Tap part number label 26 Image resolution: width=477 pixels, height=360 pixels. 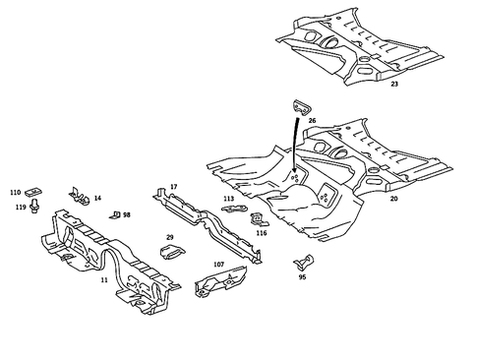pos(312,121)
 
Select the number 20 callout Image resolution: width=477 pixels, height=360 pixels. pos(393,199)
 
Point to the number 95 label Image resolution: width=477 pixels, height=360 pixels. pos(302,277)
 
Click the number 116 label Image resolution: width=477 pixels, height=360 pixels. pos(262,233)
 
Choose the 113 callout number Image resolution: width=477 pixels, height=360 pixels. pos(229,199)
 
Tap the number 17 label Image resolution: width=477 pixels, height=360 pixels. pos(174,186)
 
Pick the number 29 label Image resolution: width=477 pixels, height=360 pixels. pos(169,237)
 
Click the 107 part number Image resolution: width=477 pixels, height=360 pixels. pos(218,265)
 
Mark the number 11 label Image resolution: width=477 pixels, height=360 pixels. pos(104,279)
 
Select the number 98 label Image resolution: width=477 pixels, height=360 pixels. pos(127,213)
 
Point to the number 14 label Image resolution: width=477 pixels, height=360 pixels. pos(97,198)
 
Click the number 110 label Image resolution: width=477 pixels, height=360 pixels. pos(15,193)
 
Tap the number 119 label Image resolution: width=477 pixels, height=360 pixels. pos(20,208)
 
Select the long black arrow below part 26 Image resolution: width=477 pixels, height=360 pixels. pos(296,148)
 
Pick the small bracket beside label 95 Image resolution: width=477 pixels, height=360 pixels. pos(306,261)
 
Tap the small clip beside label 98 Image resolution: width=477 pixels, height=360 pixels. pos(115,213)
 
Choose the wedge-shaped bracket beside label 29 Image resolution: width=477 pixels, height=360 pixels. pos(170,253)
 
